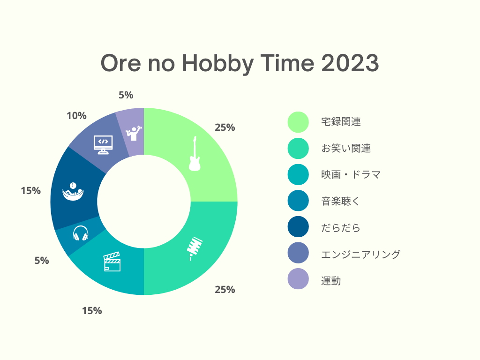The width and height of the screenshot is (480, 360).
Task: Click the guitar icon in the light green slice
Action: (195, 153)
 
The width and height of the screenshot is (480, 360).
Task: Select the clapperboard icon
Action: (112, 262)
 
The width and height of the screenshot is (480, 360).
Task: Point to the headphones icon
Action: (81, 233)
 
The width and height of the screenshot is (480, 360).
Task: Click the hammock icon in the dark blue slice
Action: (73, 192)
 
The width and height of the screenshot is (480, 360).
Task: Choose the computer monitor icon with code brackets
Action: (103, 145)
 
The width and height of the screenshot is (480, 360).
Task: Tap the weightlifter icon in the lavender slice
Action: (134, 133)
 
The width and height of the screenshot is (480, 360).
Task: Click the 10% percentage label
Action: (76, 116)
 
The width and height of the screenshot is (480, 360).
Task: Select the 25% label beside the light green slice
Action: (225, 127)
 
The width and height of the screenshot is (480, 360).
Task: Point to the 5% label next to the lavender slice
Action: (126, 95)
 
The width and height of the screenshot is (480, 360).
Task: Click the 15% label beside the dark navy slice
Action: (30, 191)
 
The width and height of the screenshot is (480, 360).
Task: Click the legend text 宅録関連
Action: (341, 122)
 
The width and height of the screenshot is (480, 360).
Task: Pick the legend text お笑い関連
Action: (346, 149)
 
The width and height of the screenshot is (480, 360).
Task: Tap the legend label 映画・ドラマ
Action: (351, 175)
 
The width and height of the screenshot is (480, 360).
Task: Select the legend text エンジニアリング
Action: (360, 255)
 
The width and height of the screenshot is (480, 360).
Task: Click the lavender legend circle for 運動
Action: (298, 279)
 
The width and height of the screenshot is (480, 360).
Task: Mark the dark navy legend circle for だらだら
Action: (298, 226)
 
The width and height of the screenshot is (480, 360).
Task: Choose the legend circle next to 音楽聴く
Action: (298, 201)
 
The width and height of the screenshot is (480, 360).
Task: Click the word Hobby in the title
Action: (218, 63)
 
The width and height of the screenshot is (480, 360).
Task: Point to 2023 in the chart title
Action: (350, 63)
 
